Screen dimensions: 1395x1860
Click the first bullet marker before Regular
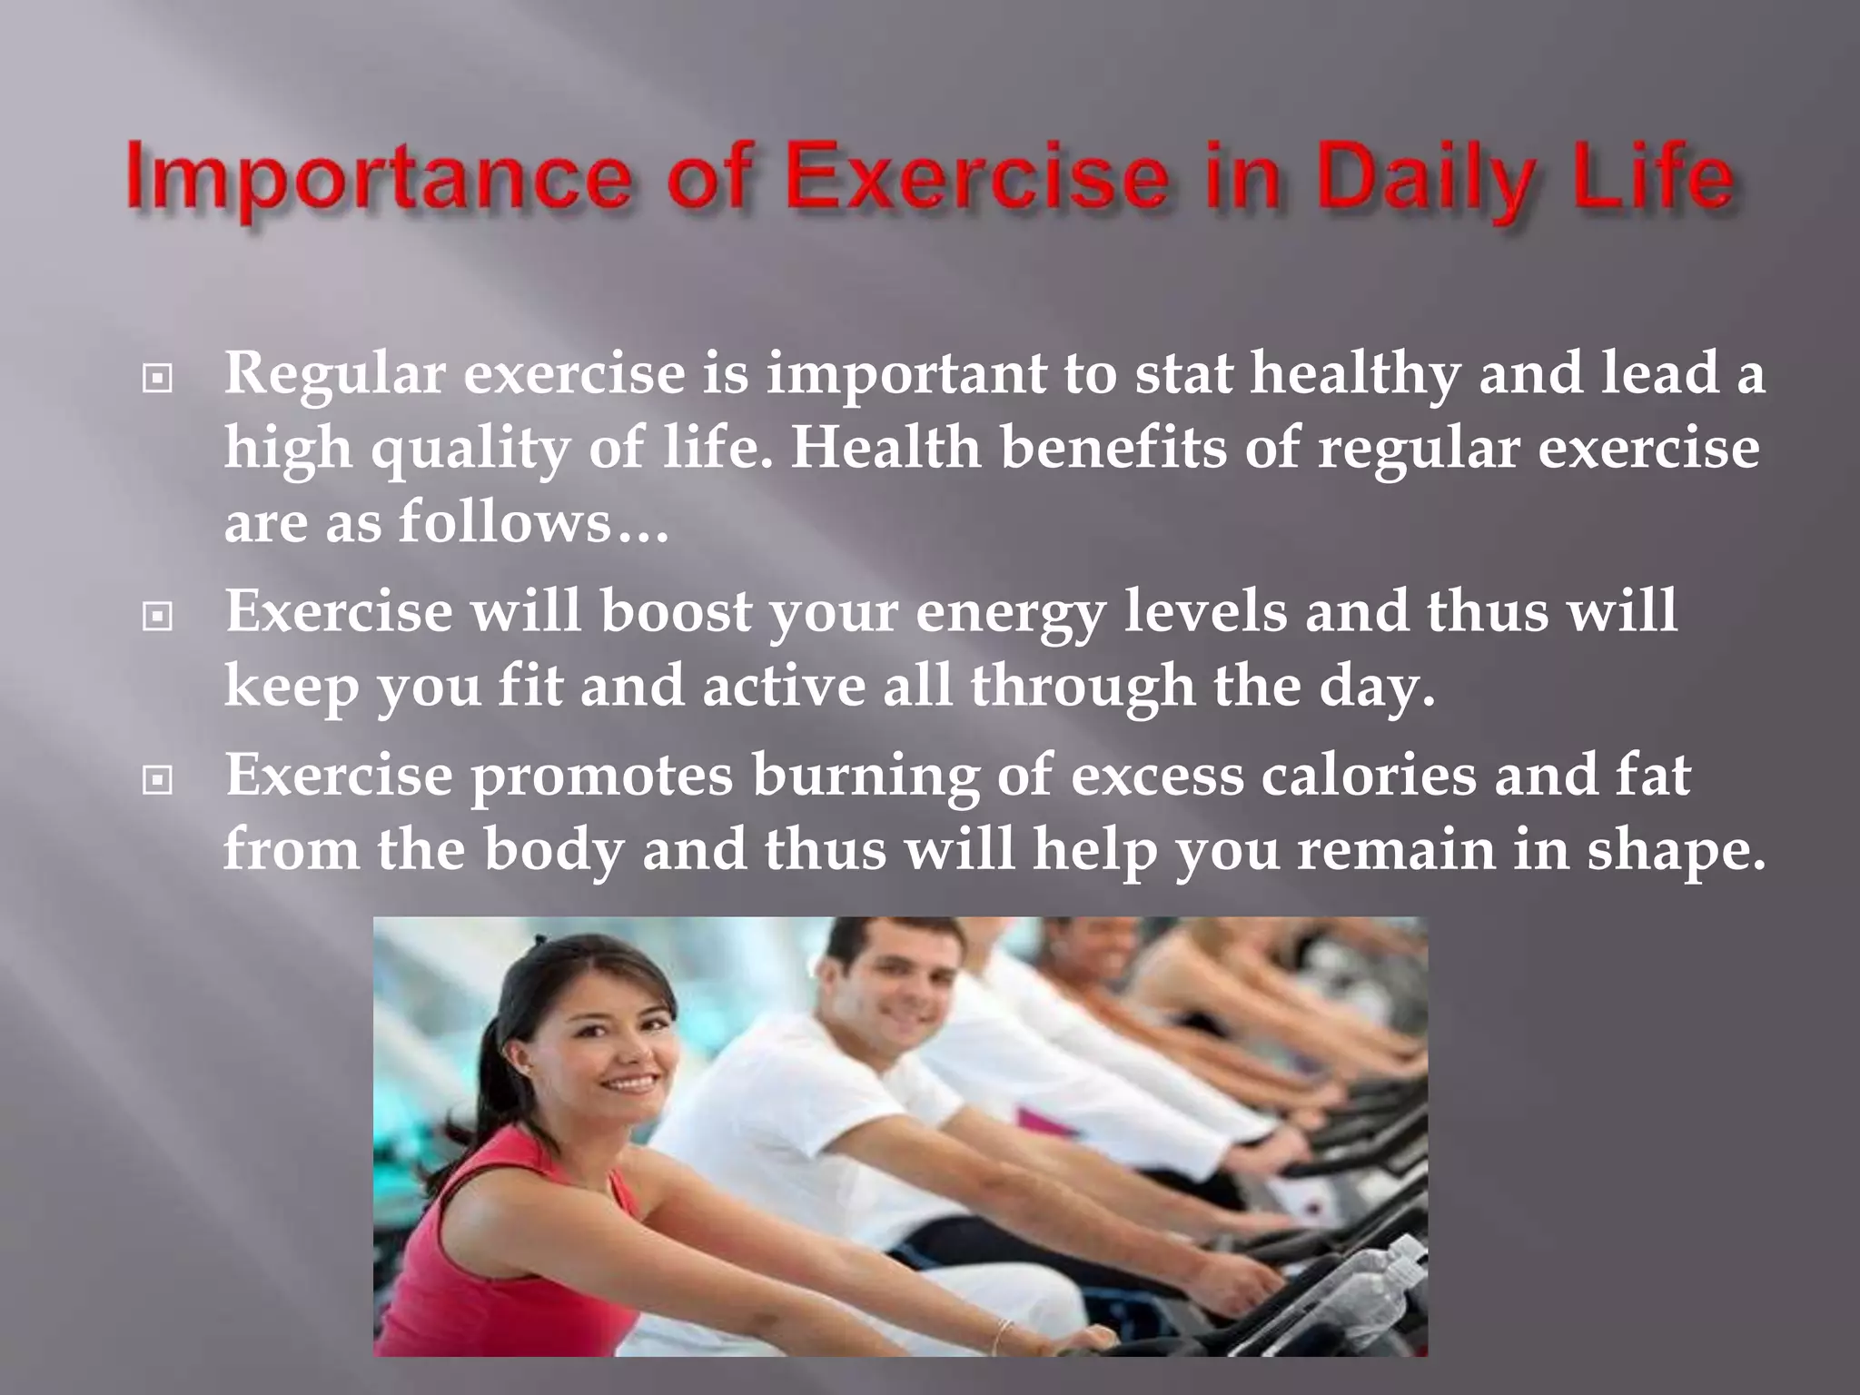(x=157, y=379)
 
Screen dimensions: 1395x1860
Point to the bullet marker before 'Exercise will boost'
(x=157, y=618)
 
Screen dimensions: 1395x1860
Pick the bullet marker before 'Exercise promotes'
(x=157, y=779)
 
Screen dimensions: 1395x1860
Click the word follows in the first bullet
(x=505, y=522)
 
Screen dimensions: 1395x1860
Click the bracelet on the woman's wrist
(x=1001, y=1334)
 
